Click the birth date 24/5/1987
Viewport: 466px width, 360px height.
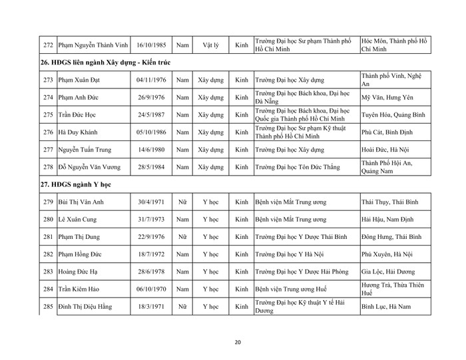click(150, 114)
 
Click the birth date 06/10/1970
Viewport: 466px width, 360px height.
click(150, 289)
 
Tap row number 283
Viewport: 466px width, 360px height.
click(47, 271)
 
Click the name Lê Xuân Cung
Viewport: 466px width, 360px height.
click(80, 218)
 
